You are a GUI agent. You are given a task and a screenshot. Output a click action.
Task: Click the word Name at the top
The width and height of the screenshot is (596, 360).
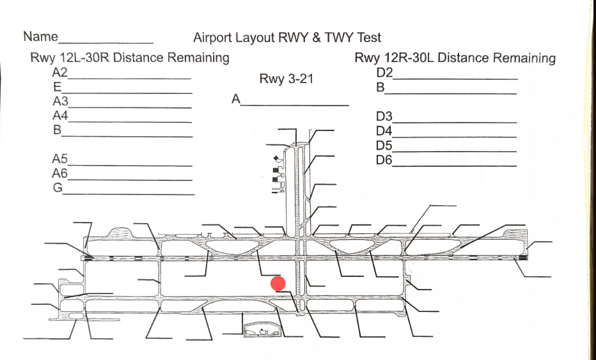point(40,37)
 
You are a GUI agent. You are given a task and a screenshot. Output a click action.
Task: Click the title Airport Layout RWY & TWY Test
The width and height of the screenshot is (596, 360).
point(287,38)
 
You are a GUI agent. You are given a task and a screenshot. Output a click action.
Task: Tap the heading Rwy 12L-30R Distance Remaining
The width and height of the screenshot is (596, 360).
point(130,58)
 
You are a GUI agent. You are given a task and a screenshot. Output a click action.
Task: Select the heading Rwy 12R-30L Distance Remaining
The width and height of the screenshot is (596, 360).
point(455,58)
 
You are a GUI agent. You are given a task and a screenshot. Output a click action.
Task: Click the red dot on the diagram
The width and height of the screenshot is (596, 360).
point(278,283)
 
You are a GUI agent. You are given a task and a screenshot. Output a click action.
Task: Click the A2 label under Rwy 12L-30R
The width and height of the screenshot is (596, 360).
point(60,72)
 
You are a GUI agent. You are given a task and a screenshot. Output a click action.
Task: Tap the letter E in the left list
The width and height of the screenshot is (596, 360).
point(57,86)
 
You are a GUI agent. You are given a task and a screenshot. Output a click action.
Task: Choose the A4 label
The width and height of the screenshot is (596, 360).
point(60,116)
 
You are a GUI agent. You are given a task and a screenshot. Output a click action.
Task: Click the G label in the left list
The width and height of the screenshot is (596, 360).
point(58,188)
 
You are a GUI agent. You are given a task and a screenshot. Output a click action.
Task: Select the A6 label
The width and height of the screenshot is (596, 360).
point(60,173)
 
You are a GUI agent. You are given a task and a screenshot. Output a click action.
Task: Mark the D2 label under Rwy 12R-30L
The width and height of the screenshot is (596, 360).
point(384,72)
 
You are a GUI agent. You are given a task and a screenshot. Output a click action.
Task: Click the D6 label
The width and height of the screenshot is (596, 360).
point(384,160)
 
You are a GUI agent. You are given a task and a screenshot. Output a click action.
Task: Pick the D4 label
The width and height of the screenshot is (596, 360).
point(384,131)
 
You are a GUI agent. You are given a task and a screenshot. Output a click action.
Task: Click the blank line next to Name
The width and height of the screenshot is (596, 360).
point(106,42)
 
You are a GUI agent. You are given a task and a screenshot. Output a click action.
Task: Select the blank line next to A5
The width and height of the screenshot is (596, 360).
point(130,166)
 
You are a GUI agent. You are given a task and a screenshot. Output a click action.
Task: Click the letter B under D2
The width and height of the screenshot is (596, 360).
point(380,88)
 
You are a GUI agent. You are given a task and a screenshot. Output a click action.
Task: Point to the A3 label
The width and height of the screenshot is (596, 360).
point(60,101)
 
